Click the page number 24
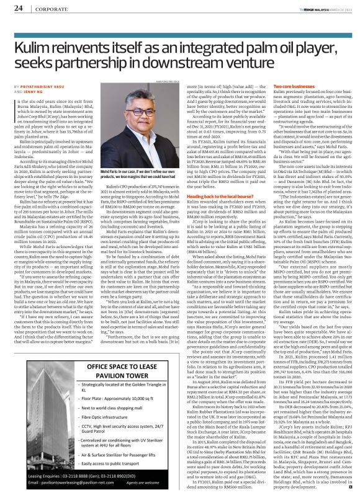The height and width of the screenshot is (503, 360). (18, 8)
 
